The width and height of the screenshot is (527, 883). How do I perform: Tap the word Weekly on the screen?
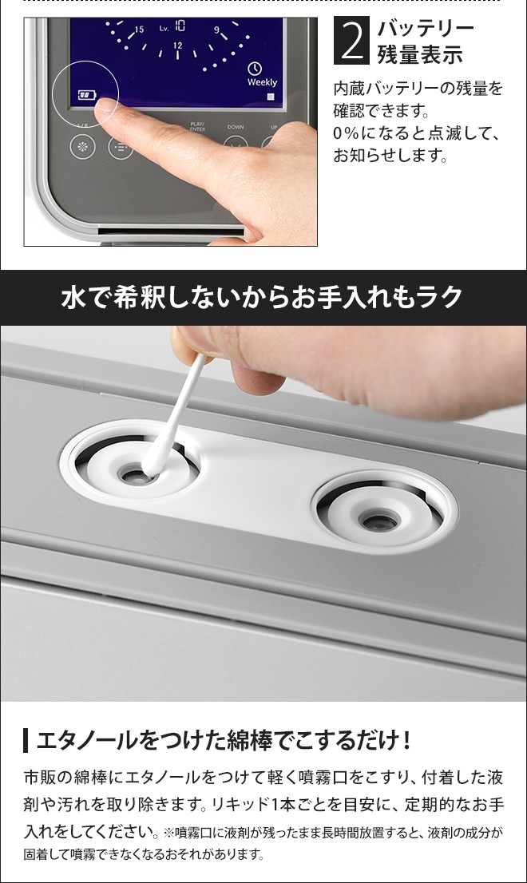(262, 82)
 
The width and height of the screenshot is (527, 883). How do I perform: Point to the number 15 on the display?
(139, 30)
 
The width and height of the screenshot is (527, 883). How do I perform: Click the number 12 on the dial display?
(177, 46)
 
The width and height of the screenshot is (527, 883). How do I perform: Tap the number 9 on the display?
(216, 30)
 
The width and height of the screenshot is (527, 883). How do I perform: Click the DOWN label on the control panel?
(236, 127)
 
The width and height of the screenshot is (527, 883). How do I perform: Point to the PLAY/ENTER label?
(198, 127)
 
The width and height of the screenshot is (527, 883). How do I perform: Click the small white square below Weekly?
(270, 97)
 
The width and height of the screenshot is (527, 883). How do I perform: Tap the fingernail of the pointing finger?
(108, 112)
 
